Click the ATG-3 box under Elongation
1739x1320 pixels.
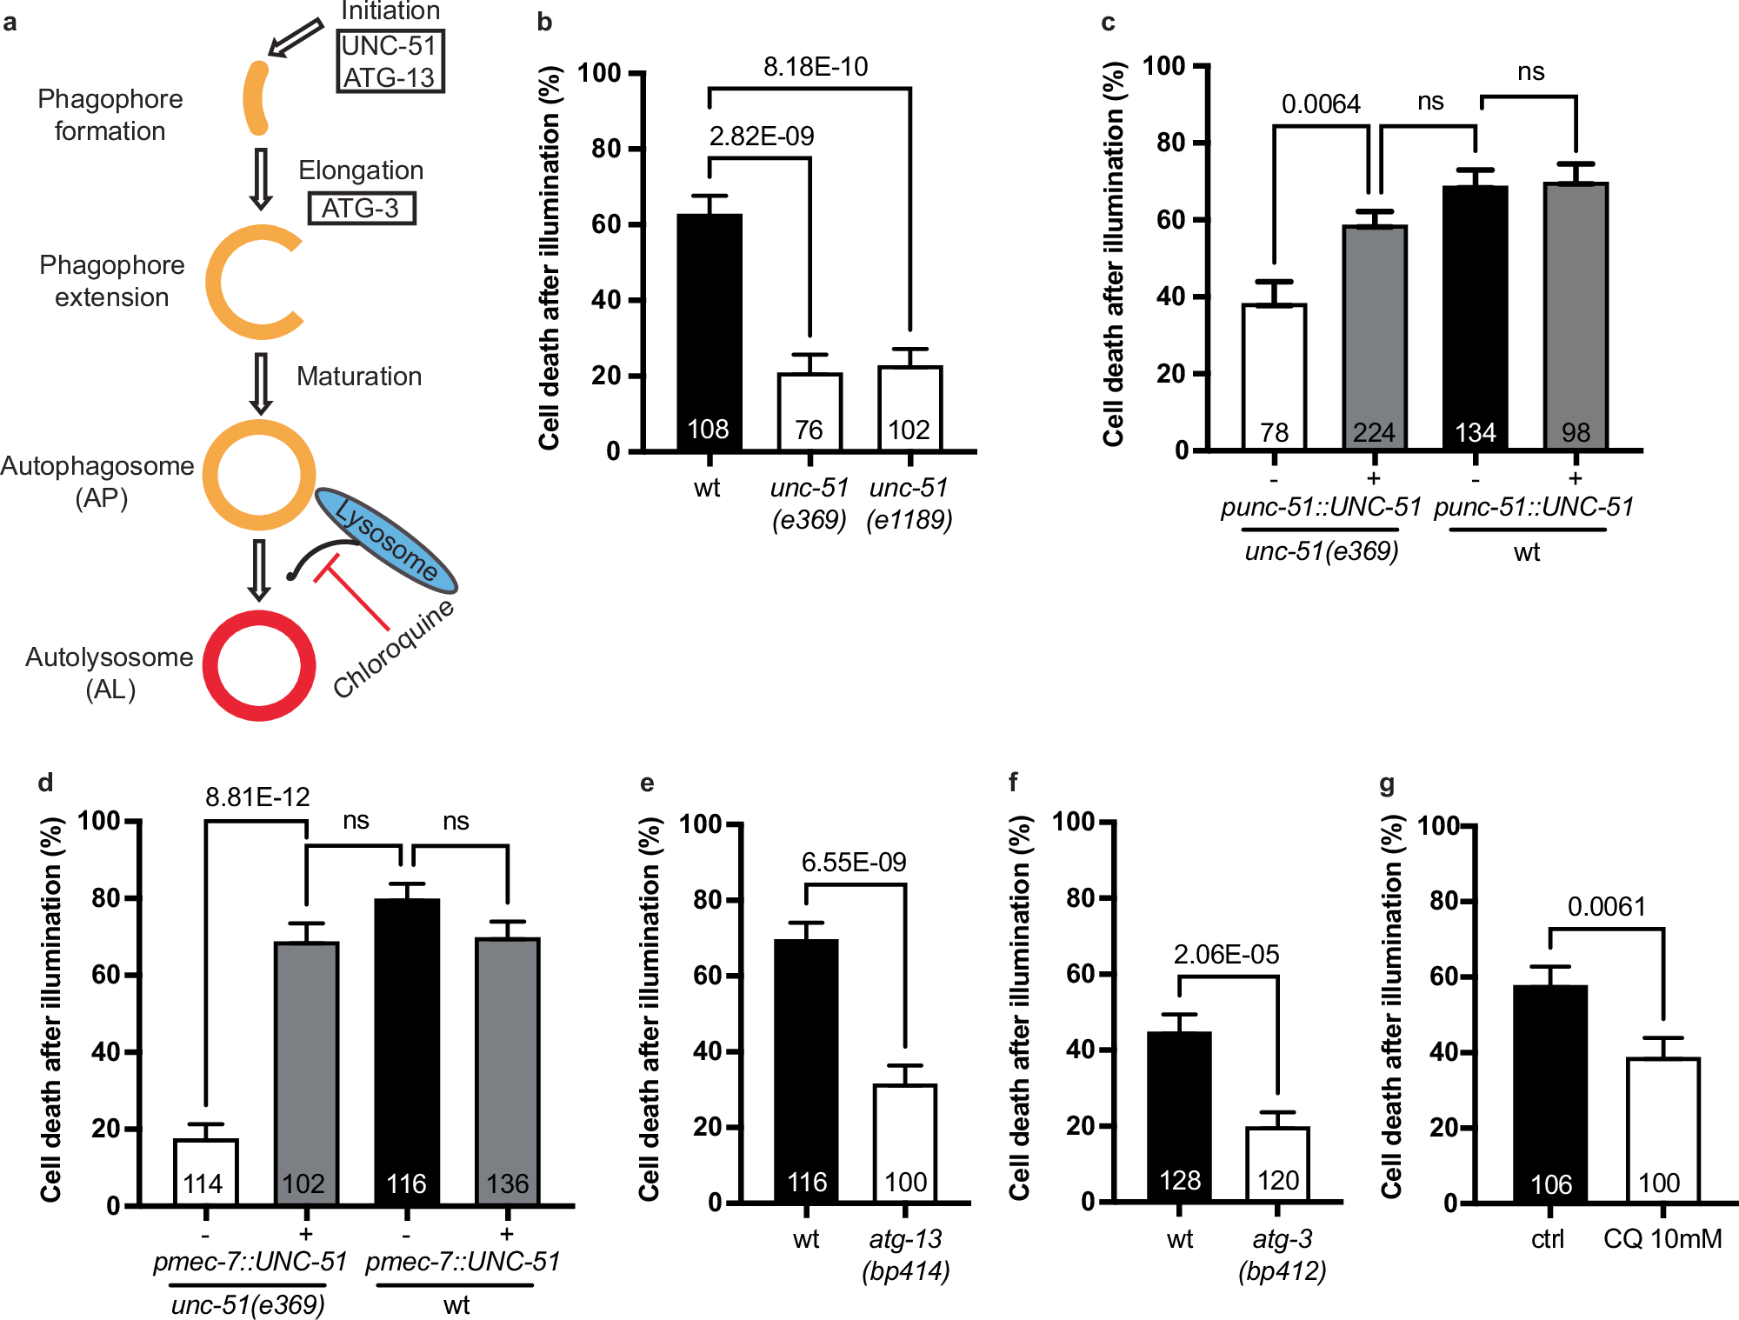(362, 209)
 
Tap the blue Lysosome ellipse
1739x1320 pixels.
(386, 541)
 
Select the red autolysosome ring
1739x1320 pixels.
(259, 665)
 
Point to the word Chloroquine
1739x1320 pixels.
(394, 649)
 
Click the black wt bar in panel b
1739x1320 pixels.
(710, 330)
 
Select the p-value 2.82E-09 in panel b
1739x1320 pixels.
(761, 137)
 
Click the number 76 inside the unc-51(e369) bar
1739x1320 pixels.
(809, 430)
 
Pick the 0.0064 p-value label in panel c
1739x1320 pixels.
(1320, 104)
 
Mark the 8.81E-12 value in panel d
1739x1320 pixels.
(257, 797)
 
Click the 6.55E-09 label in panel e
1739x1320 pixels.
(853, 862)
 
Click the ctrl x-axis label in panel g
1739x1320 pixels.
(1547, 1239)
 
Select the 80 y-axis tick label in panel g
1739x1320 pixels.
(1445, 901)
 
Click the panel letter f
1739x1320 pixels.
(1013, 782)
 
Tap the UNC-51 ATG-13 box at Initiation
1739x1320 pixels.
(390, 61)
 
